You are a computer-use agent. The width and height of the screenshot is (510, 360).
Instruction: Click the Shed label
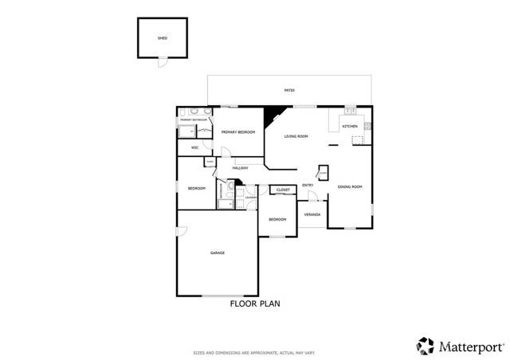163,37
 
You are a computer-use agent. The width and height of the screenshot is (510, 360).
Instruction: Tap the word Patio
289,91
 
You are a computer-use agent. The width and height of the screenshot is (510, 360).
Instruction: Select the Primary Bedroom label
238,132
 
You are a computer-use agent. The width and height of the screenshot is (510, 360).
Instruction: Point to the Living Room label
296,137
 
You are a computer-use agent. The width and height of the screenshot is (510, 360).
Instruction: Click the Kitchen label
350,127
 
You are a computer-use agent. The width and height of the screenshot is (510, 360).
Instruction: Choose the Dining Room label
350,186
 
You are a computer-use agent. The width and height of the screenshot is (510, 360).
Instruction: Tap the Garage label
218,253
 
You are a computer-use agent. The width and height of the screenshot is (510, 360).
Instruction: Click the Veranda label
312,215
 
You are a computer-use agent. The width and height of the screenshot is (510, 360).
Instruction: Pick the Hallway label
240,168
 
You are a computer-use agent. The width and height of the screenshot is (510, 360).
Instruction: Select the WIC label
194,147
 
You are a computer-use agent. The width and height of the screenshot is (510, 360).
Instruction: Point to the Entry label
308,186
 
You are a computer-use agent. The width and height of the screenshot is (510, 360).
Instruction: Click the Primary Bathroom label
194,119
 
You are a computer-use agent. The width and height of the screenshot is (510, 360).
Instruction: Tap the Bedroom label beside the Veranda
277,219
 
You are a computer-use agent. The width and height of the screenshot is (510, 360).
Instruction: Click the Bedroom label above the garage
197,188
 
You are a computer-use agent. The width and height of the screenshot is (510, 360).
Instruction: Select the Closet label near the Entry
284,190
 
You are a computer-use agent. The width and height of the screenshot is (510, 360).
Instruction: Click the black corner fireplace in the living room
274,114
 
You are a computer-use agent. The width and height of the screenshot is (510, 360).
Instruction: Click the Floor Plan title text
255,303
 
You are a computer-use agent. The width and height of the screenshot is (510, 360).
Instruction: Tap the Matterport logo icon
426,346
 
